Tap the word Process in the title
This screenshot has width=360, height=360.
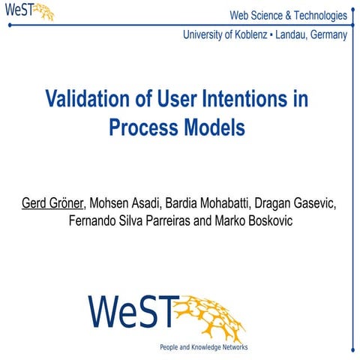coord(141,127)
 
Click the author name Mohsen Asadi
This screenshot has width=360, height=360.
coord(127,204)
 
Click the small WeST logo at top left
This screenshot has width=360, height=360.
coord(28,12)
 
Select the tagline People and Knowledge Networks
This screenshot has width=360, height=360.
coord(203,347)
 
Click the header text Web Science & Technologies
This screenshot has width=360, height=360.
coord(288,15)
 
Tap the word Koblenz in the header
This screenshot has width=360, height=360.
coord(253,35)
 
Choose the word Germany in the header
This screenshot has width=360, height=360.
coord(325,35)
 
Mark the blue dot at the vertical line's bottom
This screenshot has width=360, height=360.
coord(352,346)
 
